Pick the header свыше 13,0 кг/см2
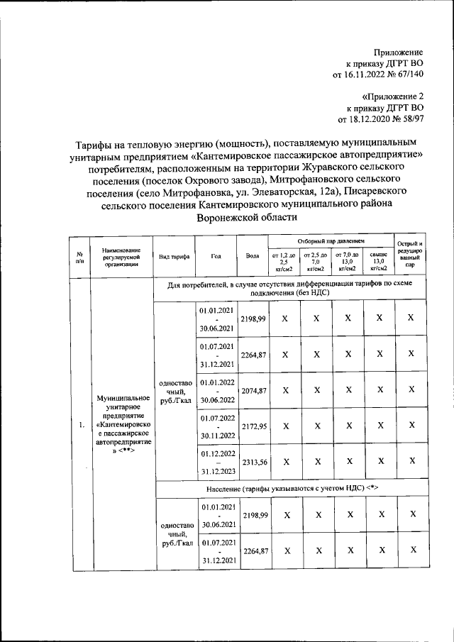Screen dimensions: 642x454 tap(380, 262)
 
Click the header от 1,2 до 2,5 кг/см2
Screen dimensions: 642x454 tap(284, 262)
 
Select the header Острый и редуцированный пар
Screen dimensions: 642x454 tap(411, 256)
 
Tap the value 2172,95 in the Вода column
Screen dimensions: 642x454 tap(253, 426)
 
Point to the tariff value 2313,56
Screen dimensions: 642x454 tap(253, 463)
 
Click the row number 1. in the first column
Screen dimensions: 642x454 tap(82, 425)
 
